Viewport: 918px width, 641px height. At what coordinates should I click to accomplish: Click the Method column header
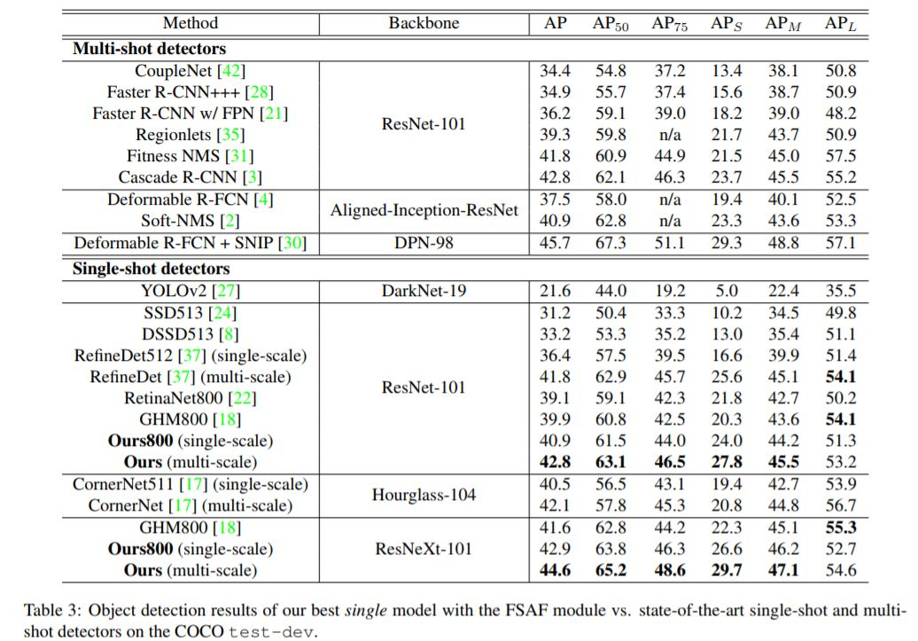191,24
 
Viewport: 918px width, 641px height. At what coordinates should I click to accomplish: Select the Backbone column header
424,24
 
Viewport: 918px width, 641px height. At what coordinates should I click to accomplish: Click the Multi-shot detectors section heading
149,49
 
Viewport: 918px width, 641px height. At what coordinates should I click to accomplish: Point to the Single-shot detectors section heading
151,269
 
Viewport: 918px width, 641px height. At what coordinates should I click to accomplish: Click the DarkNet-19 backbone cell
424,291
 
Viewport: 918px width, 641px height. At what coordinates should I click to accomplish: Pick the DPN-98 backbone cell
424,243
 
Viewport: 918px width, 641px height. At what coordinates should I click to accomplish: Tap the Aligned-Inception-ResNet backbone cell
424,210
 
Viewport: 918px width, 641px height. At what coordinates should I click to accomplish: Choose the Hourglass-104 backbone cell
424,495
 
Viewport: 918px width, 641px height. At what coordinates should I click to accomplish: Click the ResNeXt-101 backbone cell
424,549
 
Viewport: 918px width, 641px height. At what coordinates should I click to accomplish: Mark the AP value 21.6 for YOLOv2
556,291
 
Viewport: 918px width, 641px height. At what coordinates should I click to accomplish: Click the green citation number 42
236,71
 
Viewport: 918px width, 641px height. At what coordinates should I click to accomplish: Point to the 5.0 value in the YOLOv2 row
727,291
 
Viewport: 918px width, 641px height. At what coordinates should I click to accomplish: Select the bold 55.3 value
840,528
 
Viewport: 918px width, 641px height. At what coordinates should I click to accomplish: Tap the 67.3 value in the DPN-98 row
611,243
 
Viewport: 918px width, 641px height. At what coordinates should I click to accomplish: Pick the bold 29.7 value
727,570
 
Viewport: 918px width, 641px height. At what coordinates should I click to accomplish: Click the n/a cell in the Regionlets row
669,135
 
